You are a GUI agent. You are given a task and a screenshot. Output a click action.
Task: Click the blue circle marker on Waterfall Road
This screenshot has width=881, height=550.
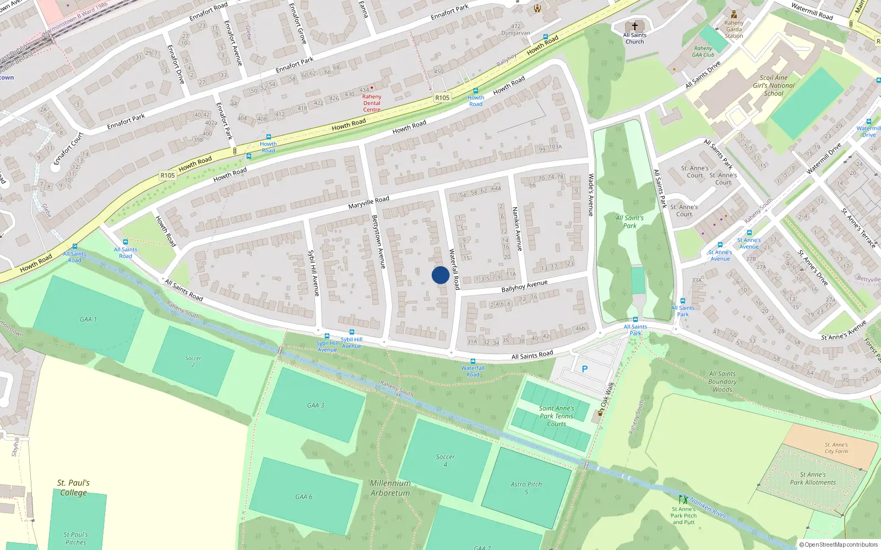tap(440, 275)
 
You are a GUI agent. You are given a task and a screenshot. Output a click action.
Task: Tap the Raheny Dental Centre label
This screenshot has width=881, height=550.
tap(372, 103)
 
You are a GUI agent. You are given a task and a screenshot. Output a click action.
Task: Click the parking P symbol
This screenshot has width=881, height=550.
tap(585, 369)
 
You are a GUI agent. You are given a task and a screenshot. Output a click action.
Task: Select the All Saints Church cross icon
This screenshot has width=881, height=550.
tap(634, 26)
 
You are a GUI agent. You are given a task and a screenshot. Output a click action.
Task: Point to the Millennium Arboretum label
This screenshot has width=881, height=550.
tap(390, 488)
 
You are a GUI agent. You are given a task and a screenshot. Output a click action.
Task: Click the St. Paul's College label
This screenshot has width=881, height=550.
tap(73, 488)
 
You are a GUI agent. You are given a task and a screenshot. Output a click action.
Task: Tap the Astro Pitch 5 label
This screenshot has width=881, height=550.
tap(526, 488)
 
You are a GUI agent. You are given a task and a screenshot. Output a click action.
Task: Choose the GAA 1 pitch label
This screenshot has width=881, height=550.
tap(88, 319)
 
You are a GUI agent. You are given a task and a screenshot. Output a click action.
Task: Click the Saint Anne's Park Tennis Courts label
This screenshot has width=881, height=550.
tap(556, 416)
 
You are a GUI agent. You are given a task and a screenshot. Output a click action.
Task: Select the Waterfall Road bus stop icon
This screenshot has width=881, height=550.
tap(472, 361)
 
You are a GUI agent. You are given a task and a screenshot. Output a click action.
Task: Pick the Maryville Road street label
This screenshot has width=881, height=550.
tap(368, 202)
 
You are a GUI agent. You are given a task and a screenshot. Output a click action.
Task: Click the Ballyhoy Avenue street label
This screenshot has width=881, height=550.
tap(524, 286)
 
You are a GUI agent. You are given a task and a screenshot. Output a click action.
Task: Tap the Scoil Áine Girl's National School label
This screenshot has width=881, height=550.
tap(774, 85)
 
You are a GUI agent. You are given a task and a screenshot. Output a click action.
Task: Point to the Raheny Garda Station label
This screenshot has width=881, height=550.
tap(733, 30)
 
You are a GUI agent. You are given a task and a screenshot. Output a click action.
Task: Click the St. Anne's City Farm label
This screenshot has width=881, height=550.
tap(836, 448)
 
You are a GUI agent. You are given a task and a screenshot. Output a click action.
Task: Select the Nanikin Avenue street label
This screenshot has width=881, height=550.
tap(517, 229)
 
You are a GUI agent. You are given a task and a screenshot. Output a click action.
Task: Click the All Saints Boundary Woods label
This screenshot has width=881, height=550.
tap(722, 381)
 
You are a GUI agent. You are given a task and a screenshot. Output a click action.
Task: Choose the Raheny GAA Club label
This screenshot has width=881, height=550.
tap(703, 51)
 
